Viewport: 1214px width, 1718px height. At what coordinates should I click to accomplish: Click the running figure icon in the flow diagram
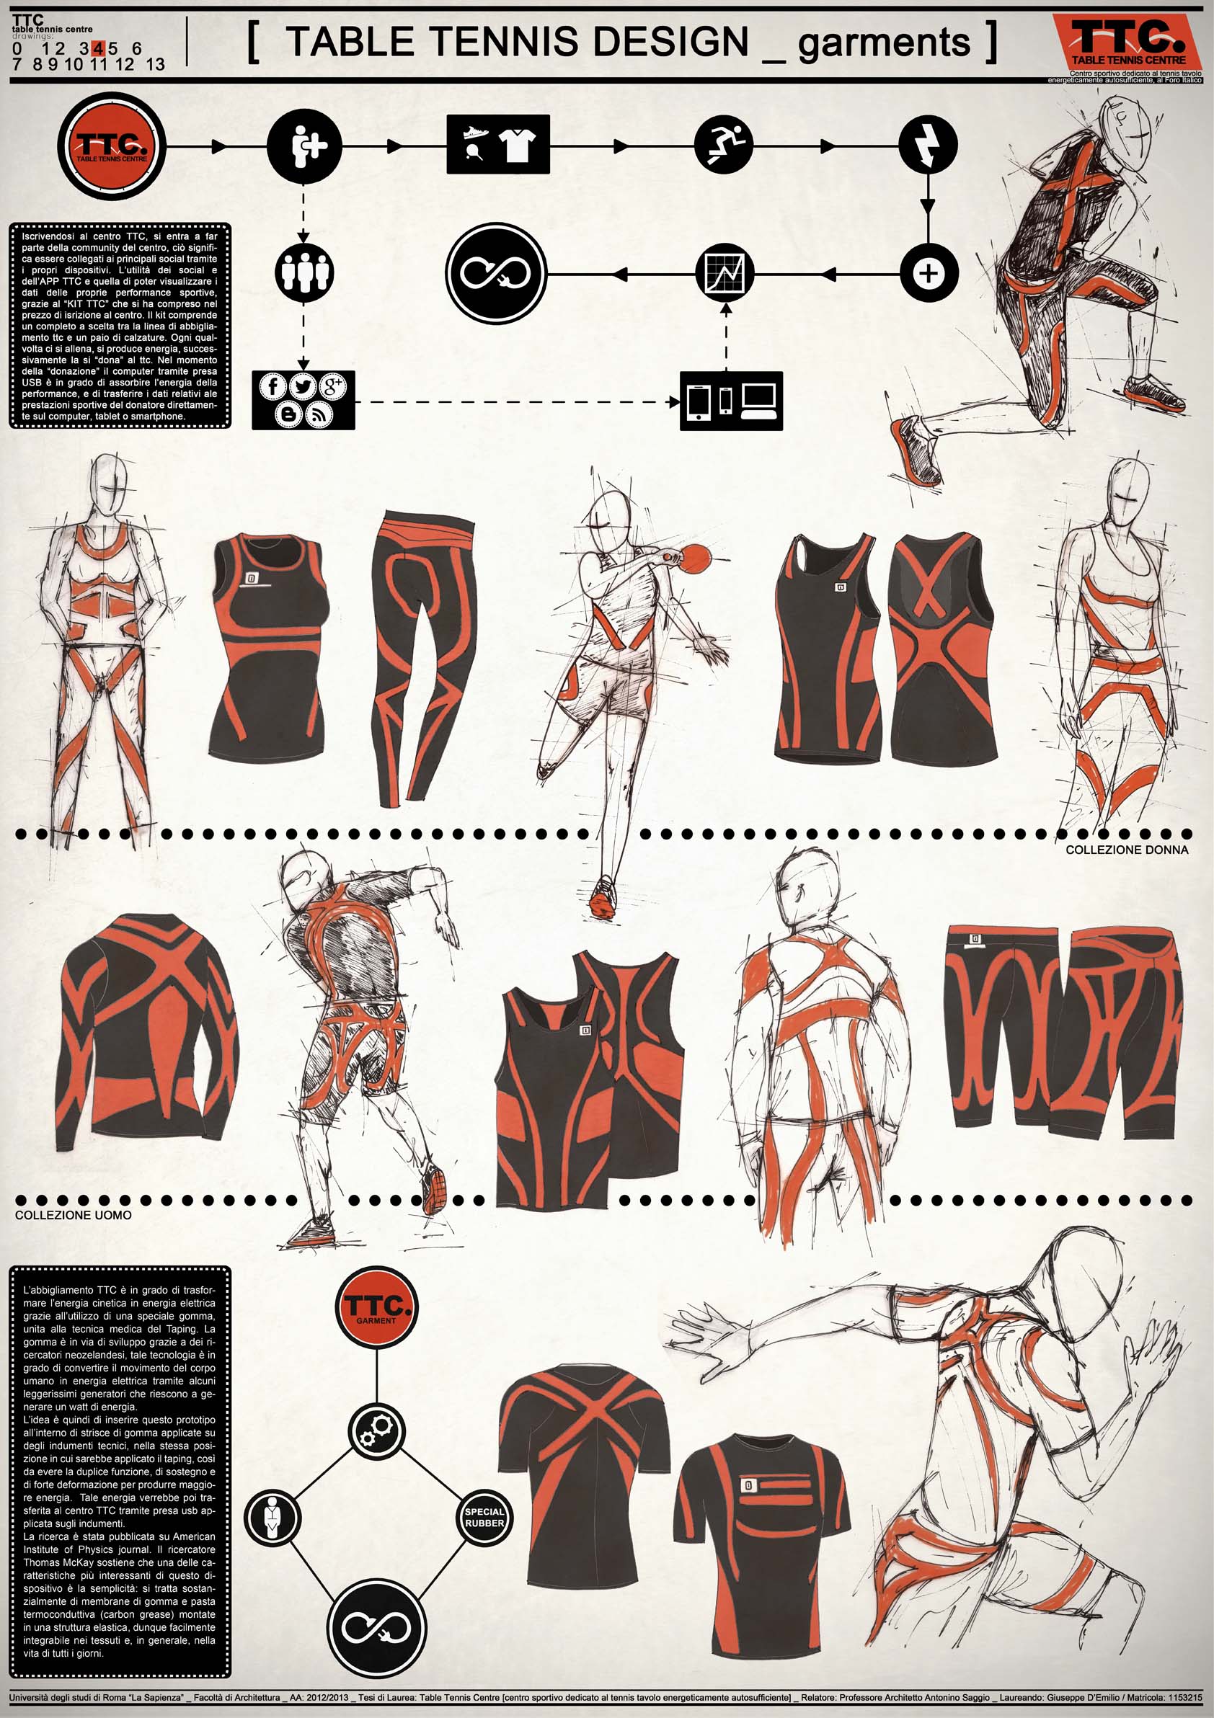coord(724,145)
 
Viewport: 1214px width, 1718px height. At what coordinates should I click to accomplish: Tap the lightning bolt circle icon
coord(928,145)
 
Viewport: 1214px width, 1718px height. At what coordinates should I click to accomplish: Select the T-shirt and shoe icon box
coord(498,144)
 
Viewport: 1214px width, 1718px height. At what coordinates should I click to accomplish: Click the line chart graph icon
coord(725,273)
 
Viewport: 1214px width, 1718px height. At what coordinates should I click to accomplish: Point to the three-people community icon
coord(304,273)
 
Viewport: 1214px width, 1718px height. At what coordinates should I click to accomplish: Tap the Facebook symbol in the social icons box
coord(273,386)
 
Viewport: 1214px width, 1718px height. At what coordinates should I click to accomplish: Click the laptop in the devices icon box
coord(761,401)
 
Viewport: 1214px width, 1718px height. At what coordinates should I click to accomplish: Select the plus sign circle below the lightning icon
coord(928,273)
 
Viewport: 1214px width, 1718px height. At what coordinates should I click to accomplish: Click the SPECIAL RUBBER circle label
coord(484,1518)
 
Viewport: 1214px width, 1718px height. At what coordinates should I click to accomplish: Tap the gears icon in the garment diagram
coord(377,1432)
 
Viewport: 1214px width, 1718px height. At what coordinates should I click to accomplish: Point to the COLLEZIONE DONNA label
coord(1127,850)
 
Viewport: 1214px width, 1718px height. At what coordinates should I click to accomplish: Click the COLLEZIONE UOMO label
coord(74,1214)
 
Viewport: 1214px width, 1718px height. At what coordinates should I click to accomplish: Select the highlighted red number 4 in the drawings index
coord(99,48)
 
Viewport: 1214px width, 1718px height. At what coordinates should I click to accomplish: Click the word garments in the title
coord(884,43)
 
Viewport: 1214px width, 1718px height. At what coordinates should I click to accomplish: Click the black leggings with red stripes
coord(423,659)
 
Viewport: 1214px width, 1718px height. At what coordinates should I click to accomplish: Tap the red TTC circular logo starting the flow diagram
coord(112,145)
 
